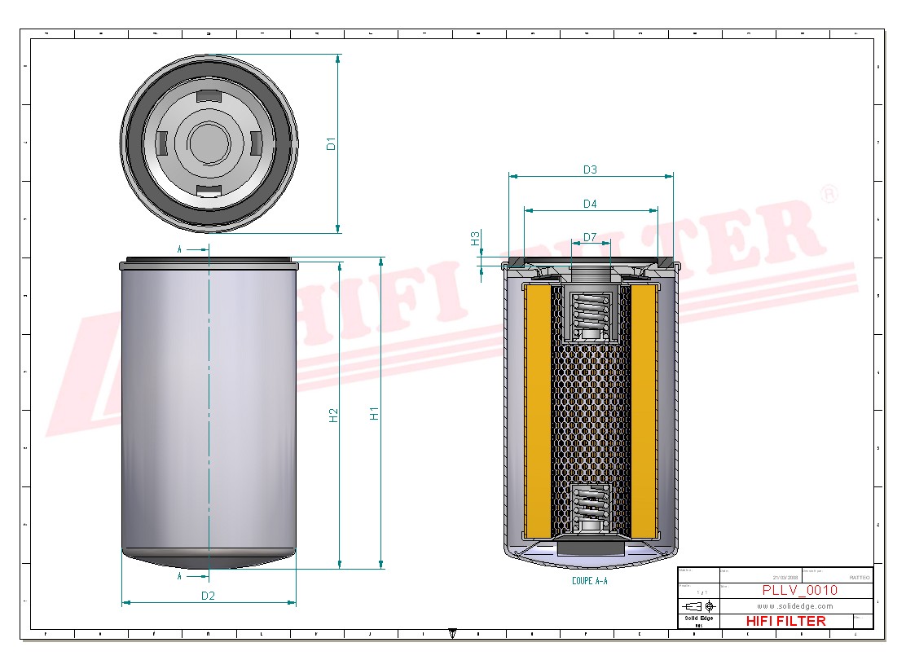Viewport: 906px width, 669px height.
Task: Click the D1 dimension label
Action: (x=331, y=144)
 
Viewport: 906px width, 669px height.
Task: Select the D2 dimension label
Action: (x=208, y=596)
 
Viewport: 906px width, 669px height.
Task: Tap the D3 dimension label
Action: (x=590, y=169)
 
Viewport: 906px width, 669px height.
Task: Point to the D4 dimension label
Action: (x=590, y=203)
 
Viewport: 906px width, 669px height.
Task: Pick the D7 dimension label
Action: (x=590, y=237)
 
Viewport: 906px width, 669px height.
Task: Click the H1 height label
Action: (x=375, y=413)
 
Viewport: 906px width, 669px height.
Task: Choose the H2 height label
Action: (x=333, y=415)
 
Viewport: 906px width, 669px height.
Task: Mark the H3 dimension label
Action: (x=475, y=238)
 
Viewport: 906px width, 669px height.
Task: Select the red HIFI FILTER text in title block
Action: (x=785, y=621)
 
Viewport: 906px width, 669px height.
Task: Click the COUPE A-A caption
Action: (x=590, y=581)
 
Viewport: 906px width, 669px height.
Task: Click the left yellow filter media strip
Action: (x=538, y=412)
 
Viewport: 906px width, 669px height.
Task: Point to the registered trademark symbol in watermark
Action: (x=829, y=194)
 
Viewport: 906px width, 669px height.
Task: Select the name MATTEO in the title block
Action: (x=859, y=577)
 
